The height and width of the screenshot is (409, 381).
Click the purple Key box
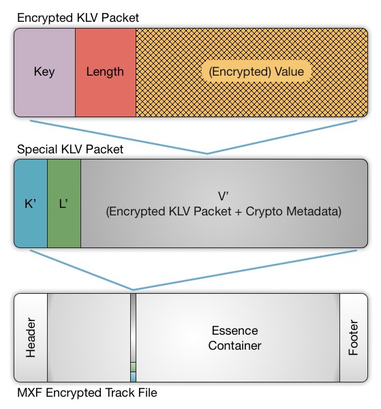pos(44,72)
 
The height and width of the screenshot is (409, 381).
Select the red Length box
pos(106,72)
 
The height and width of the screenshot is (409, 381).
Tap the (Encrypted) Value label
pos(256,72)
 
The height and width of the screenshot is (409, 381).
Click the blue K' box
pos(31,203)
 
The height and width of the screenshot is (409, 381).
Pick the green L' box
pos(64,203)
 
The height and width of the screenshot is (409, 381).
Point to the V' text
pos(224,196)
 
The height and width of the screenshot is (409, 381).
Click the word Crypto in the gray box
pos(264,211)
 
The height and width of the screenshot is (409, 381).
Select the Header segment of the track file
pos(31,337)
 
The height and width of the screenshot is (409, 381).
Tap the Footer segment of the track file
pos(354,337)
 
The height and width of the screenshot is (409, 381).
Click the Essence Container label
pos(234,338)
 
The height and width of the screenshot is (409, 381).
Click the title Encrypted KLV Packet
pos(78,18)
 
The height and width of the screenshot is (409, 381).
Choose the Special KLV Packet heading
pos(70,149)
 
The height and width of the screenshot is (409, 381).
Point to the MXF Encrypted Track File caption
pos(87,393)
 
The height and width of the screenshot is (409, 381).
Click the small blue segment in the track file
pos(134,377)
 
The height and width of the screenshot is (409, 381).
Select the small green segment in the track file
pos(134,367)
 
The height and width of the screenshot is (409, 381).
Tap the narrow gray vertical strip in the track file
pos(134,328)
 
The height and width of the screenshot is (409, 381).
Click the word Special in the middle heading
pos(37,149)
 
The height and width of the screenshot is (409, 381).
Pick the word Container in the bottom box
pos(234,346)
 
